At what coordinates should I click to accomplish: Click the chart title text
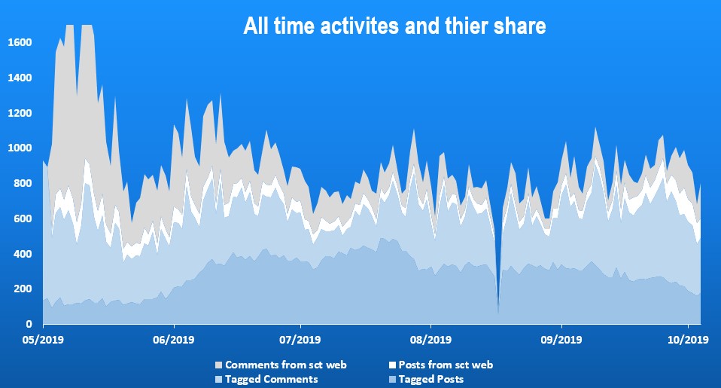394,26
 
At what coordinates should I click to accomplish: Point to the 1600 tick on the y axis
20,42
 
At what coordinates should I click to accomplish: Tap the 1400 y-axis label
20,78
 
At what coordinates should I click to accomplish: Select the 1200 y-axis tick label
20,113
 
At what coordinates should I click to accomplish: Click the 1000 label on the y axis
20,148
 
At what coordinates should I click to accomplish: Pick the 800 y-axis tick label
23,184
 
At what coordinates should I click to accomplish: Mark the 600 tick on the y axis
23,219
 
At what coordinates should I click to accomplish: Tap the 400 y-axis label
23,255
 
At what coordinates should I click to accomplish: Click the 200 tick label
23,289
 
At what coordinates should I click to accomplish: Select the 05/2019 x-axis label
43,340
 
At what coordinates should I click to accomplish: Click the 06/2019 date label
173,340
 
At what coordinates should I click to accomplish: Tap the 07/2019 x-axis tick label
300,340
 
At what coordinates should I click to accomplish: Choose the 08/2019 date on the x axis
430,340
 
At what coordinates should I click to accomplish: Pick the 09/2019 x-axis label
560,340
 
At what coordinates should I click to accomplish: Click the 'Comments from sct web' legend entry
278,365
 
